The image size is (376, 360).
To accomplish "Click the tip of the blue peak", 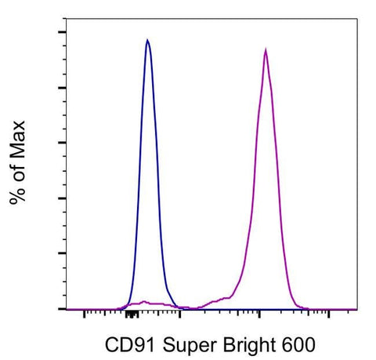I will tap(147, 39).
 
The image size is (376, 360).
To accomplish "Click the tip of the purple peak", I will tap(266, 49).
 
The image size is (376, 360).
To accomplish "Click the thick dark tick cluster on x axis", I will tap(132, 314).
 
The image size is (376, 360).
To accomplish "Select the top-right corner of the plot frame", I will tap(360, 20).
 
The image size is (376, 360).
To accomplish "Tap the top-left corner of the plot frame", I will tap(67, 20).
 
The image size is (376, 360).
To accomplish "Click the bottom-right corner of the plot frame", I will tap(360, 309).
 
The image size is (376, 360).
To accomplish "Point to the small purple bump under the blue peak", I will tap(142, 302).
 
